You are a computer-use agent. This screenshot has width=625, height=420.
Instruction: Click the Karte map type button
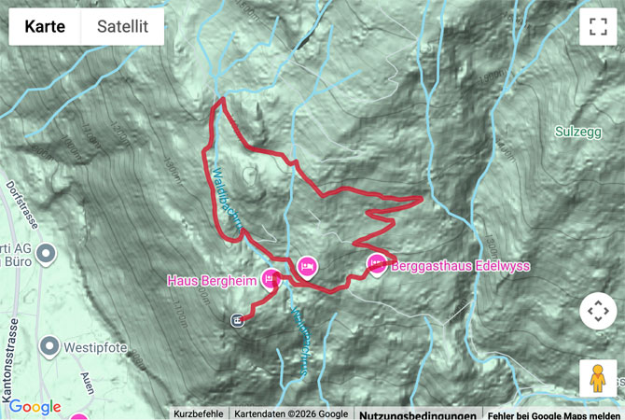point(45,26)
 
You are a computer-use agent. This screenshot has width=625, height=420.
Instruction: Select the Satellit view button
point(122,26)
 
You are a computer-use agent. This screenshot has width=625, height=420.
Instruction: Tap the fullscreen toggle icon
point(598,26)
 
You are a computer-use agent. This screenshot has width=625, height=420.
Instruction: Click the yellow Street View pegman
point(597,378)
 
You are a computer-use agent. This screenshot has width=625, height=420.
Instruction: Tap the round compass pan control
point(597,311)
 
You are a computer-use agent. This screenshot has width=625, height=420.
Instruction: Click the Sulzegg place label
point(577,132)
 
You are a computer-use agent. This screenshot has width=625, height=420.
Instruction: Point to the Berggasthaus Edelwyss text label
point(461,266)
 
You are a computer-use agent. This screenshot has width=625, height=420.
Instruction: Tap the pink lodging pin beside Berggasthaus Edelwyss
point(377,264)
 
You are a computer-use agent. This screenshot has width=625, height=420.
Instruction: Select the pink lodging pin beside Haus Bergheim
point(271,278)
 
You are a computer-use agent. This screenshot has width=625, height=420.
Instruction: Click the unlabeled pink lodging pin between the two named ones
point(306,268)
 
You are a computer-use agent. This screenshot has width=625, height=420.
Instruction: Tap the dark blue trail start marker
point(238,320)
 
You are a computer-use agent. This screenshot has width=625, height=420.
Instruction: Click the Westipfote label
point(94,349)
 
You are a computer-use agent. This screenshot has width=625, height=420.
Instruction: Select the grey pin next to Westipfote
point(49,348)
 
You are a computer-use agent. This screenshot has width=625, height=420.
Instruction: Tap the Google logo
point(35,407)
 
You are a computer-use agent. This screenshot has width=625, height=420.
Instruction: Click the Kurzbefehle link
point(198,413)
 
